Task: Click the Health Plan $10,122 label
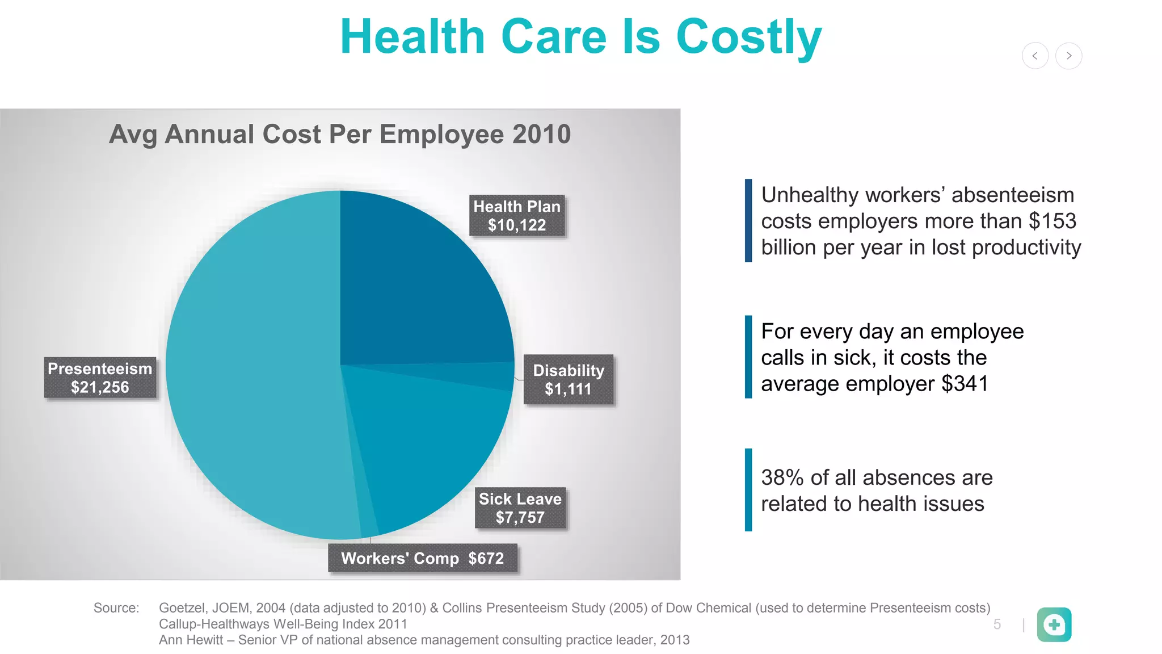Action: click(517, 216)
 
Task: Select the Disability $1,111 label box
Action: click(568, 380)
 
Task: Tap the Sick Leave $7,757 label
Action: click(520, 508)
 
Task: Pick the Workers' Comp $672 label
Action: click(422, 559)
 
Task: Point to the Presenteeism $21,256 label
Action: click(100, 378)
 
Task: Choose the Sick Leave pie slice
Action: click(431, 448)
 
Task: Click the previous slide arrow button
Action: click(1035, 56)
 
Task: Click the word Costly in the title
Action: click(749, 37)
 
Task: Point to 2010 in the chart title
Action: click(541, 135)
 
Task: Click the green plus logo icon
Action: click(1054, 624)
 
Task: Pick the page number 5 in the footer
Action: click(997, 624)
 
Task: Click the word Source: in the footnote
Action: click(116, 608)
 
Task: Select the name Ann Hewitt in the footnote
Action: click(191, 640)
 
